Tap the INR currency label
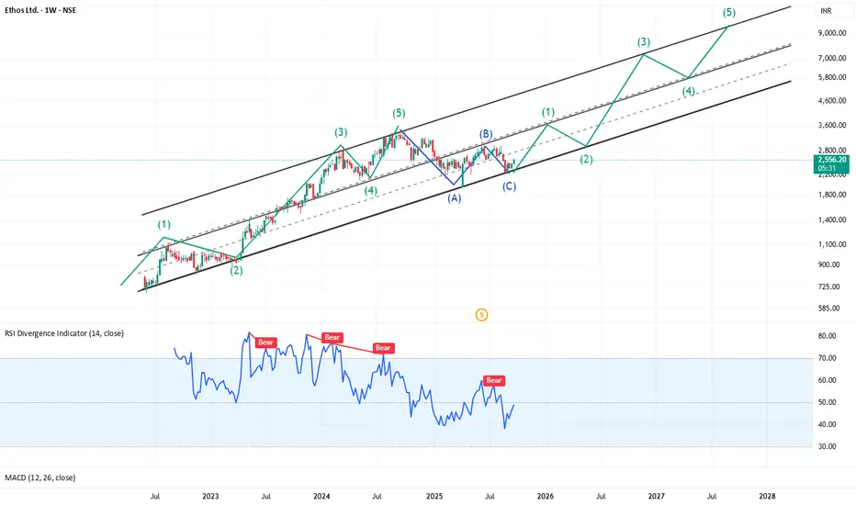[x=828, y=12]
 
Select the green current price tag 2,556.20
[x=830, y=160]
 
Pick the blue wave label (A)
[x=454, y=197]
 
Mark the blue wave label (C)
[x=509, y=186]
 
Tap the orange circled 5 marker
[x=482, y=315]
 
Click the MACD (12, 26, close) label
[x=42, y=477]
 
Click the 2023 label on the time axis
[x=210, y=496]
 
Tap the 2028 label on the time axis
[x=767, y=496]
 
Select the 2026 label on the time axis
[x=545, y=496]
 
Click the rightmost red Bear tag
[x=494, y=380]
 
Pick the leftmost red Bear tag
[x=266, y=342]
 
